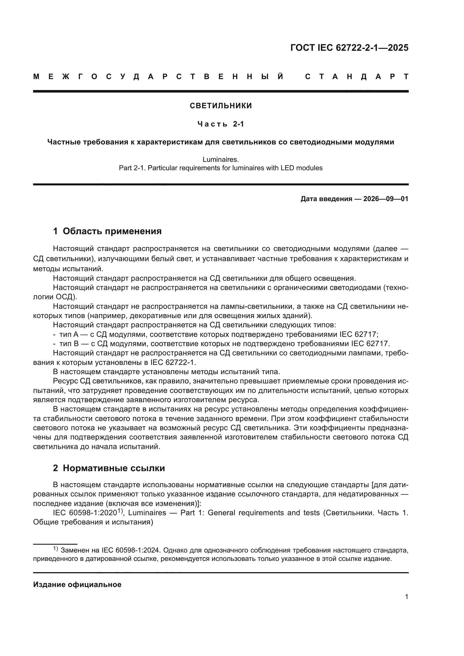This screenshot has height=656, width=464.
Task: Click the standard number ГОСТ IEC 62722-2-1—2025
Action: pos(349,48)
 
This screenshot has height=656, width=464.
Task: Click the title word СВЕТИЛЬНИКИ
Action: pos(220,106)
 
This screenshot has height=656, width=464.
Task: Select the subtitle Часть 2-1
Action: pos(220,124)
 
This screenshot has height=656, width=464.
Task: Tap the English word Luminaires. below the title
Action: pos(220,159)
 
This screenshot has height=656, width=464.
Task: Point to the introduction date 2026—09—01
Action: pos(386,199)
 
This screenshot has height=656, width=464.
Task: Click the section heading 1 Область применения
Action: pos(107,231)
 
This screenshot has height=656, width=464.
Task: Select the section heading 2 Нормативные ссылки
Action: pos(109,468)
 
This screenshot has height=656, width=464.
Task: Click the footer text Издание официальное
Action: pos(77,584)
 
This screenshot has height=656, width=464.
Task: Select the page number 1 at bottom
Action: pos(406,597)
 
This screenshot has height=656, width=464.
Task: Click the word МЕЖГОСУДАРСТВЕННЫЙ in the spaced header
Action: pos(159,77)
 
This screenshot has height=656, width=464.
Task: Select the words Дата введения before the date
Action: pos(326,199)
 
